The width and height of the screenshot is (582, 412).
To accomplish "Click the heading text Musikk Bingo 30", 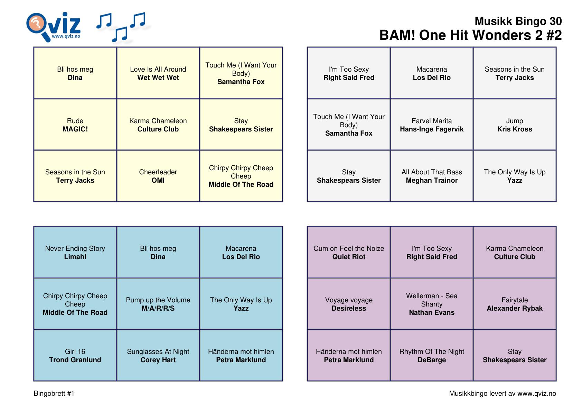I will point(518,21).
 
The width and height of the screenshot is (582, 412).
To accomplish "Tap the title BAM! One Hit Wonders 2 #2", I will point(470,35).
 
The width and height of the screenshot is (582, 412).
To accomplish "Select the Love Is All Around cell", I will point(158,73).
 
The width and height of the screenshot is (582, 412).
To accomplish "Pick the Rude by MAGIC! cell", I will point(75,125).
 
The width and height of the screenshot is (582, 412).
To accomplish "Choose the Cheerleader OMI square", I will point(158,176).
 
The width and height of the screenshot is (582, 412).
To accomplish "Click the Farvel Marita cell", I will point(432,125).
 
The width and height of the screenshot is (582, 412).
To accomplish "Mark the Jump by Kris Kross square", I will point(514,125).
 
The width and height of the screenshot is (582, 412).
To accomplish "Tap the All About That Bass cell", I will point(432,176).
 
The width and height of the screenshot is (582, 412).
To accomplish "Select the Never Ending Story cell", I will point(75,253).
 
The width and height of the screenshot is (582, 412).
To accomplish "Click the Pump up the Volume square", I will point(158,304).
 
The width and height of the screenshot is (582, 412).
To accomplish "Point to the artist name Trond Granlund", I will point(75,360).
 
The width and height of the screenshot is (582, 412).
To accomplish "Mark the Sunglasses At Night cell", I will point(158,356).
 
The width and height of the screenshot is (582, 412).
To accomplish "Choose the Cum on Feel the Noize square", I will point(349,253).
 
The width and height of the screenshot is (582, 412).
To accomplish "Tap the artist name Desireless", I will point(349,308).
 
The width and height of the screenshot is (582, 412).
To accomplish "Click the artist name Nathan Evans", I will point(432,312).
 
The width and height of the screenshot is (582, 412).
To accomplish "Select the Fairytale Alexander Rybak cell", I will point(514,304).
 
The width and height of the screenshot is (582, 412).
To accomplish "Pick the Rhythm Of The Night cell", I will point(432,356).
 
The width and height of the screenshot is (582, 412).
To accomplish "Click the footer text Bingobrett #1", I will point(54,393).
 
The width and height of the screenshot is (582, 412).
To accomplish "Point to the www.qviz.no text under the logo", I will point(66,36).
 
